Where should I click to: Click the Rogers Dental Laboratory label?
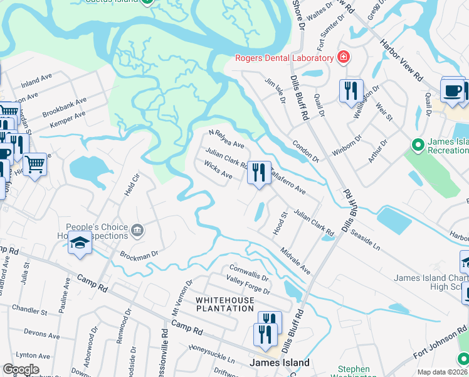[x=284, y=58]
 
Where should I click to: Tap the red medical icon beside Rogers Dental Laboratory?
[x=343, y=58]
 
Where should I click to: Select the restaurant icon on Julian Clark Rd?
[x=259, y=172]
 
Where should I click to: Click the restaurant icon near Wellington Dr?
[x=351, y=90]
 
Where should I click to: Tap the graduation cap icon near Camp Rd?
[x=80, y=244]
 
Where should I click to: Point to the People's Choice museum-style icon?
[x=137, y=232]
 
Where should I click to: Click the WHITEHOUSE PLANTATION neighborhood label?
[x=225, y=304]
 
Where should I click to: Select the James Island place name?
[x=279, y=363]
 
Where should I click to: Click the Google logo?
[x=21, y=369]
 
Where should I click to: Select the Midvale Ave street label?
[x=295, y=259]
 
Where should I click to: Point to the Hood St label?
[x=280, y=224]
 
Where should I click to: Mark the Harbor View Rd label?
[x=401, y=60]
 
